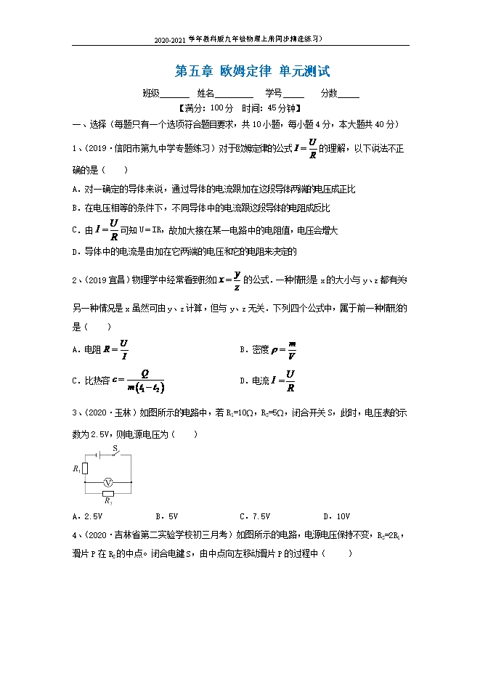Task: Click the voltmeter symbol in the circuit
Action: pyautogui.click(x=107, y=481)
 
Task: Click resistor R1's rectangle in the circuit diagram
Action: pyautogui.click(x=86, y=468)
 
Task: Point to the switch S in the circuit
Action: pyautogui.click(x=115, y=455)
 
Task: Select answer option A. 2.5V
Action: pyautogui.click(x=87, y=516)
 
